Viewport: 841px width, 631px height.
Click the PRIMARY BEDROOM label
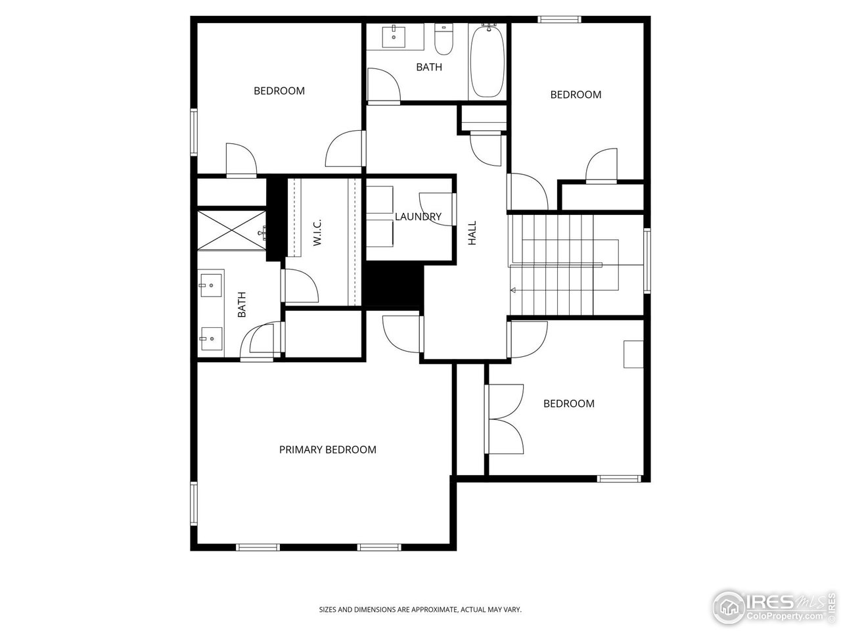pyautogui.click(x=327, y=450)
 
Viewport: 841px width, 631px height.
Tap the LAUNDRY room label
pyautogui.click(x=418, y=216)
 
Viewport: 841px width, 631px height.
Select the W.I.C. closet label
pyautogui.click(x=317, y=233)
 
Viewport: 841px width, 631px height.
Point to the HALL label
pyautogui.click(x=472, y=233)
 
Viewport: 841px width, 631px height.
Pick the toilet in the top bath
pyautogui.click(x=444, y=39)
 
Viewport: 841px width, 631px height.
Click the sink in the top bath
pyautogui.click(x=394, y=37)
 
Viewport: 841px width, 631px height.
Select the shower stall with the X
pyautogui.click(x=231, y=229)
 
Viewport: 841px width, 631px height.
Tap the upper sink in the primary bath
pyautogui.click(x=211, y=285)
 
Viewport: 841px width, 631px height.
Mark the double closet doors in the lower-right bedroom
pyautogui.click(x=505, y=419)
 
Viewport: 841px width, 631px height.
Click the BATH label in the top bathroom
pyautogui.click(x=429, y=67)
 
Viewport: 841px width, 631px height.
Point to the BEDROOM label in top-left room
pyautogui.click(x=279, y=91)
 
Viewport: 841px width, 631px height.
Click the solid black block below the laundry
pyautogui.click(x=394, y=285)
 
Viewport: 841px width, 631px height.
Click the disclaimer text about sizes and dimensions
pyautogui.click(x=420, y=610)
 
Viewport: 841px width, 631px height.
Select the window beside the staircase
pyautogui.click(x=647, y=260)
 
